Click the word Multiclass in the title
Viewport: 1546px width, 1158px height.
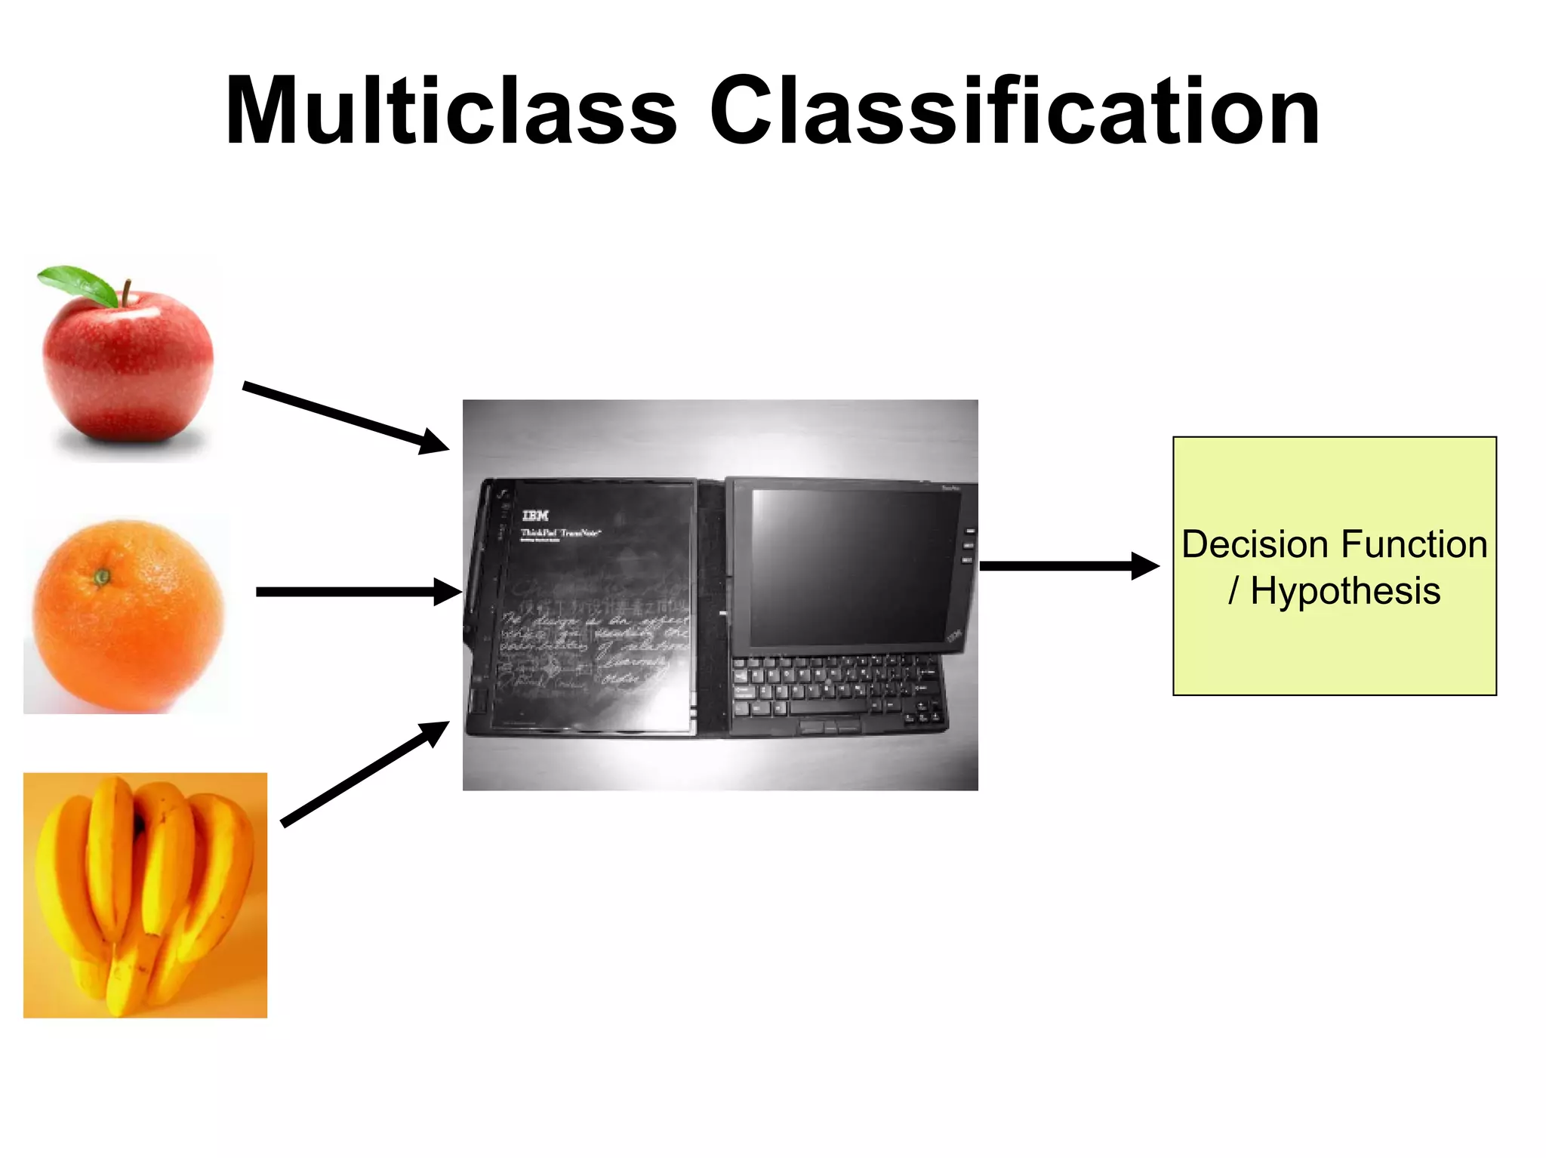[x=451, y=111]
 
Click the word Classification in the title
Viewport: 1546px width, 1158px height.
[x=1015, y=111]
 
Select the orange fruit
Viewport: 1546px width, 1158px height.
[x=128, y=615]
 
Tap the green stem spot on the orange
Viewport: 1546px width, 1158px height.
[x=102, y=577]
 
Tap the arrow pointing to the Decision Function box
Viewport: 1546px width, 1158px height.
[x=1068, y=565]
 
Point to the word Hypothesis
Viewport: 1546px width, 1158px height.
[x=1345, y=590]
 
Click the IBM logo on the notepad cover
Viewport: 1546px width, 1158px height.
[x=535, y=516]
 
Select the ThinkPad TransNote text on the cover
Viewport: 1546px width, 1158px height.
[x=560, y=533]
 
